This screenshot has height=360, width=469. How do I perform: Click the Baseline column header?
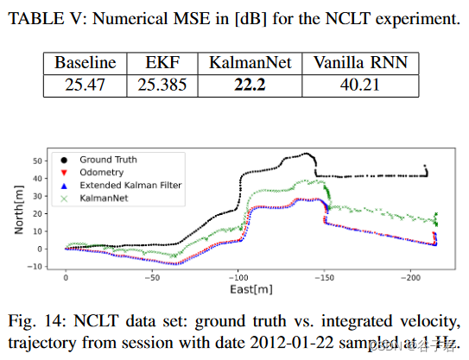pos(85,63)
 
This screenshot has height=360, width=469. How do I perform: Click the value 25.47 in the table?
pos(85,84)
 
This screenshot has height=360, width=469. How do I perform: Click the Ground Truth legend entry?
pos(107,160)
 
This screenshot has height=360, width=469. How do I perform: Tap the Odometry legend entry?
pos(100,173)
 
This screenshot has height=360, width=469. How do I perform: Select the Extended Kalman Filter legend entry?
pos(130,186)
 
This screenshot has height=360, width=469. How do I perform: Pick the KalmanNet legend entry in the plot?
pos(103,199)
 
